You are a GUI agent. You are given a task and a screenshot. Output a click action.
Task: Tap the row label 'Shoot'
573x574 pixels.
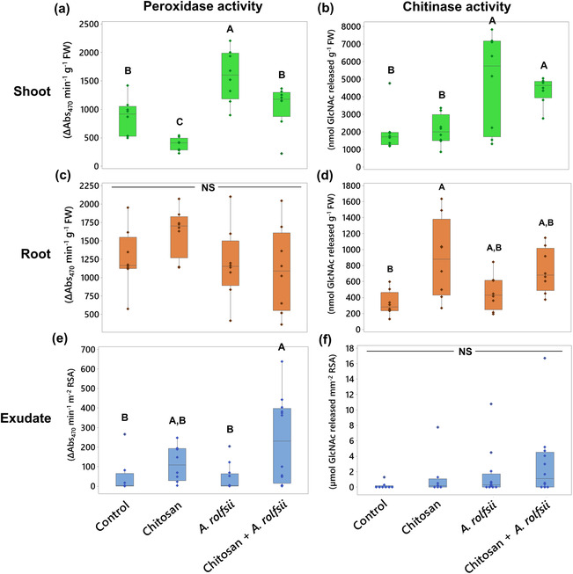tap(41, 91)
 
